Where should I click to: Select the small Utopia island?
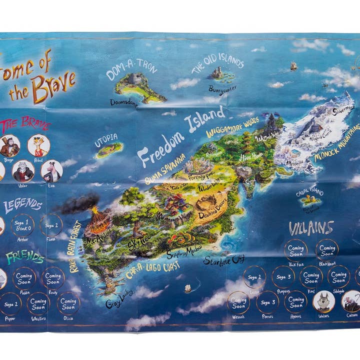pyautogui.click(x=109, y=149)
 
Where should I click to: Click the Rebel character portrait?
pyautogui.click(x=38, y=145)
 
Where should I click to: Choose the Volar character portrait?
pyautogui.click(x=23, y=171)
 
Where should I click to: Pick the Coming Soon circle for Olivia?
pyautogui.click(x=67, y=303)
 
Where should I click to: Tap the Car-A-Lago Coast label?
pyautogui.click(x=152, y=270)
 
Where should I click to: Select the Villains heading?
pyautogui.click(x=311, y=228)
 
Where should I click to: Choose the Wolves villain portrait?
pyautogui.click(x=323, y=301)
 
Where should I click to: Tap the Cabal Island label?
pyautogui.click(x=309, y=191)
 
